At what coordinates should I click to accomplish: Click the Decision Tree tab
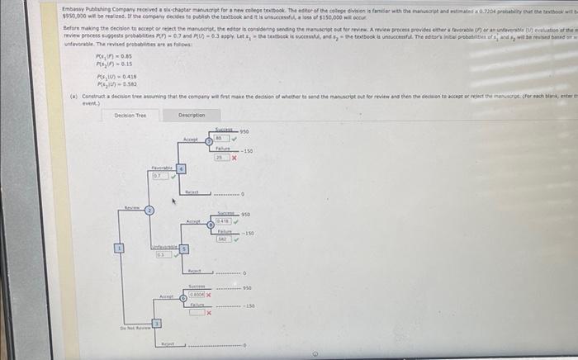pos(130,115)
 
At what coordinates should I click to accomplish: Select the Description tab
pos(192,115)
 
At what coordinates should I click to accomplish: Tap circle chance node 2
pos(149,211)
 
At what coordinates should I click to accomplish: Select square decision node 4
pos(182,169)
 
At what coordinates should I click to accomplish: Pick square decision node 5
pos(182,249)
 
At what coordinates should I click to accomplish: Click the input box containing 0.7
pos(156,175)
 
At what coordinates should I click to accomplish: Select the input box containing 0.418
pos(222,220)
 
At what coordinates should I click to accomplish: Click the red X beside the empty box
pos(210,313)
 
